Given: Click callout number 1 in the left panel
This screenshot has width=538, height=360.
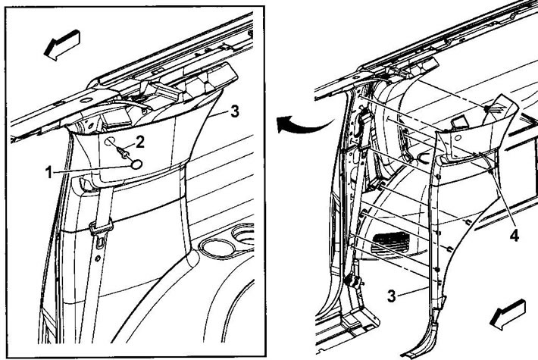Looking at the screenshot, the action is [49, 172].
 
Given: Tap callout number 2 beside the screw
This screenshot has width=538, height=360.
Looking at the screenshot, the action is [139, 142].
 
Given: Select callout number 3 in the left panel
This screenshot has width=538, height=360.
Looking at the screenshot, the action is [235, 111].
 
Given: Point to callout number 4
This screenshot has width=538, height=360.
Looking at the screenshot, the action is [514, 236].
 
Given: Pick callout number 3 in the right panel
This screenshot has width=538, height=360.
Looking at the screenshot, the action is [392, 296].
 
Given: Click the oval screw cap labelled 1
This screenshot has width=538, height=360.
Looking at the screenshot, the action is [136, 164].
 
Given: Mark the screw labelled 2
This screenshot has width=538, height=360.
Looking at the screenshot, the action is [124, 153].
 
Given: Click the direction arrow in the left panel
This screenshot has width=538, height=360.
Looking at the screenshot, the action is [62, 45].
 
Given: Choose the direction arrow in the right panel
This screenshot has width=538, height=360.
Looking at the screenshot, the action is [508, 315].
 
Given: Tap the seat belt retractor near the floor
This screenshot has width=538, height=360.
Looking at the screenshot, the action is [353, 280].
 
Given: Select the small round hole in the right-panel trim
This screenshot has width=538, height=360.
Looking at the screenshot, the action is [458, 138].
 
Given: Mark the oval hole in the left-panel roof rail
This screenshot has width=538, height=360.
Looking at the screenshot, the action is [86, 100].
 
